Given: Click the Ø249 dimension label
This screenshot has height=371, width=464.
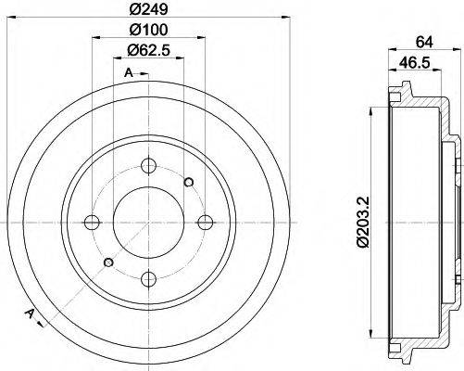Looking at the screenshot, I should pos(145,10).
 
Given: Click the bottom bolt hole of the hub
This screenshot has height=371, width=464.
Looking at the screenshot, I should pos(148,276).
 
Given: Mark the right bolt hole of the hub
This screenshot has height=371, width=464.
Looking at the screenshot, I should pos(203,222).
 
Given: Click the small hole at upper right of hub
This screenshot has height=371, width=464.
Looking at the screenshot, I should pos(189,181).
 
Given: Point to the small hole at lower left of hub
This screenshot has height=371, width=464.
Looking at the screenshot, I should pos(107,262).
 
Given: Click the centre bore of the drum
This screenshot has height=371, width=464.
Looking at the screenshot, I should pos(148,222).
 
